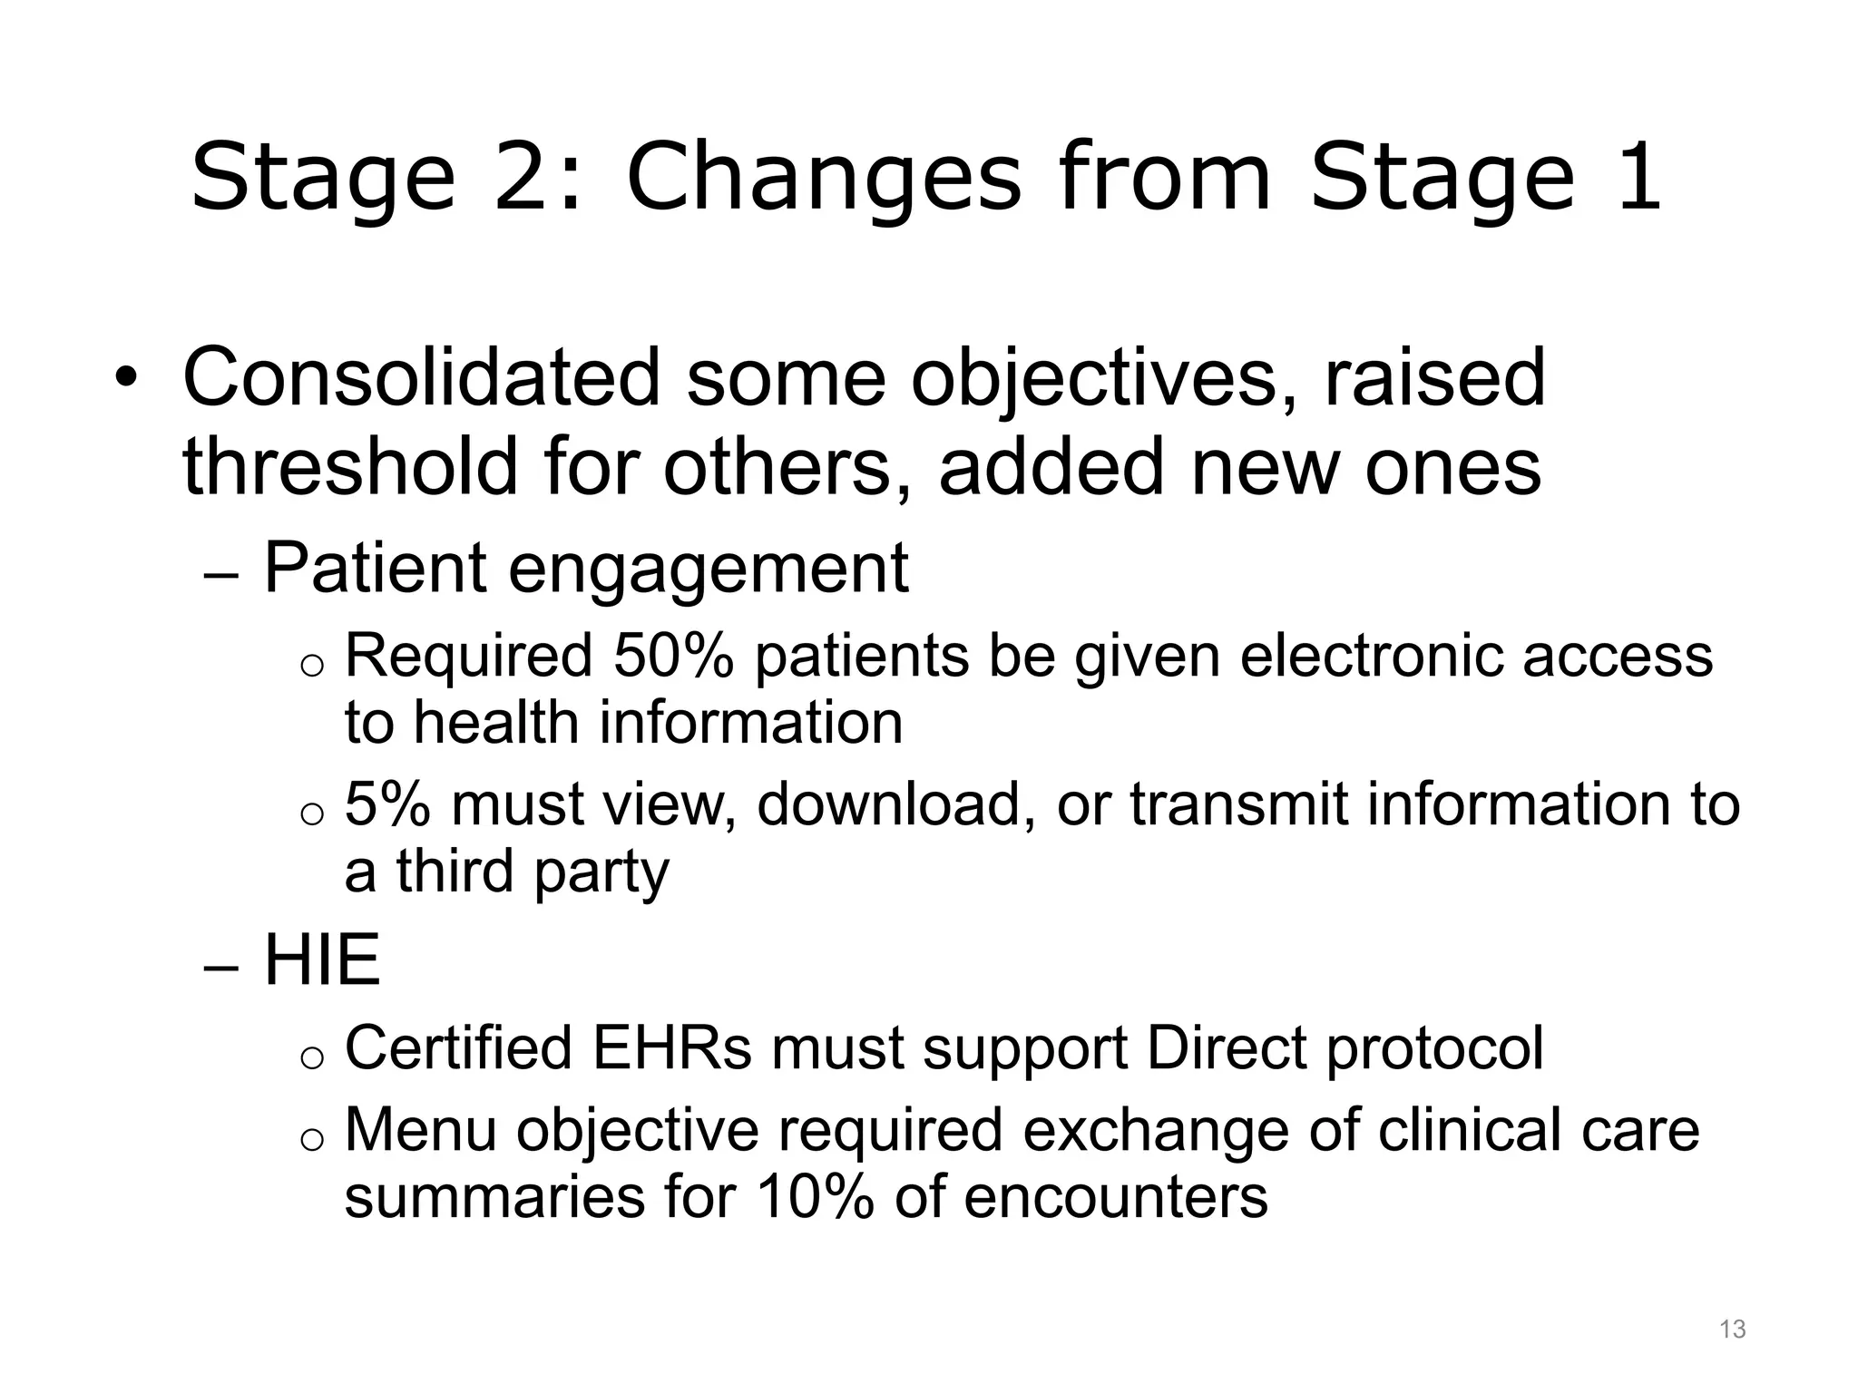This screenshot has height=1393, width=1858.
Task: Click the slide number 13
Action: (1732, 1330)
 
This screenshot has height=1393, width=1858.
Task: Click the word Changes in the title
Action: (823, 178)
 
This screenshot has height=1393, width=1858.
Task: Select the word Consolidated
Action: (421, 377)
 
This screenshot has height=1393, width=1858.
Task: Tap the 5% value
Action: (386, 804)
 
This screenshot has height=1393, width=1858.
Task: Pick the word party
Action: (601, 872)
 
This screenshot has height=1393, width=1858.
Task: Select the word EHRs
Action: (671, 1048)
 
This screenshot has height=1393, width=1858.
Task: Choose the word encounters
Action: (1115, 1197)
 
